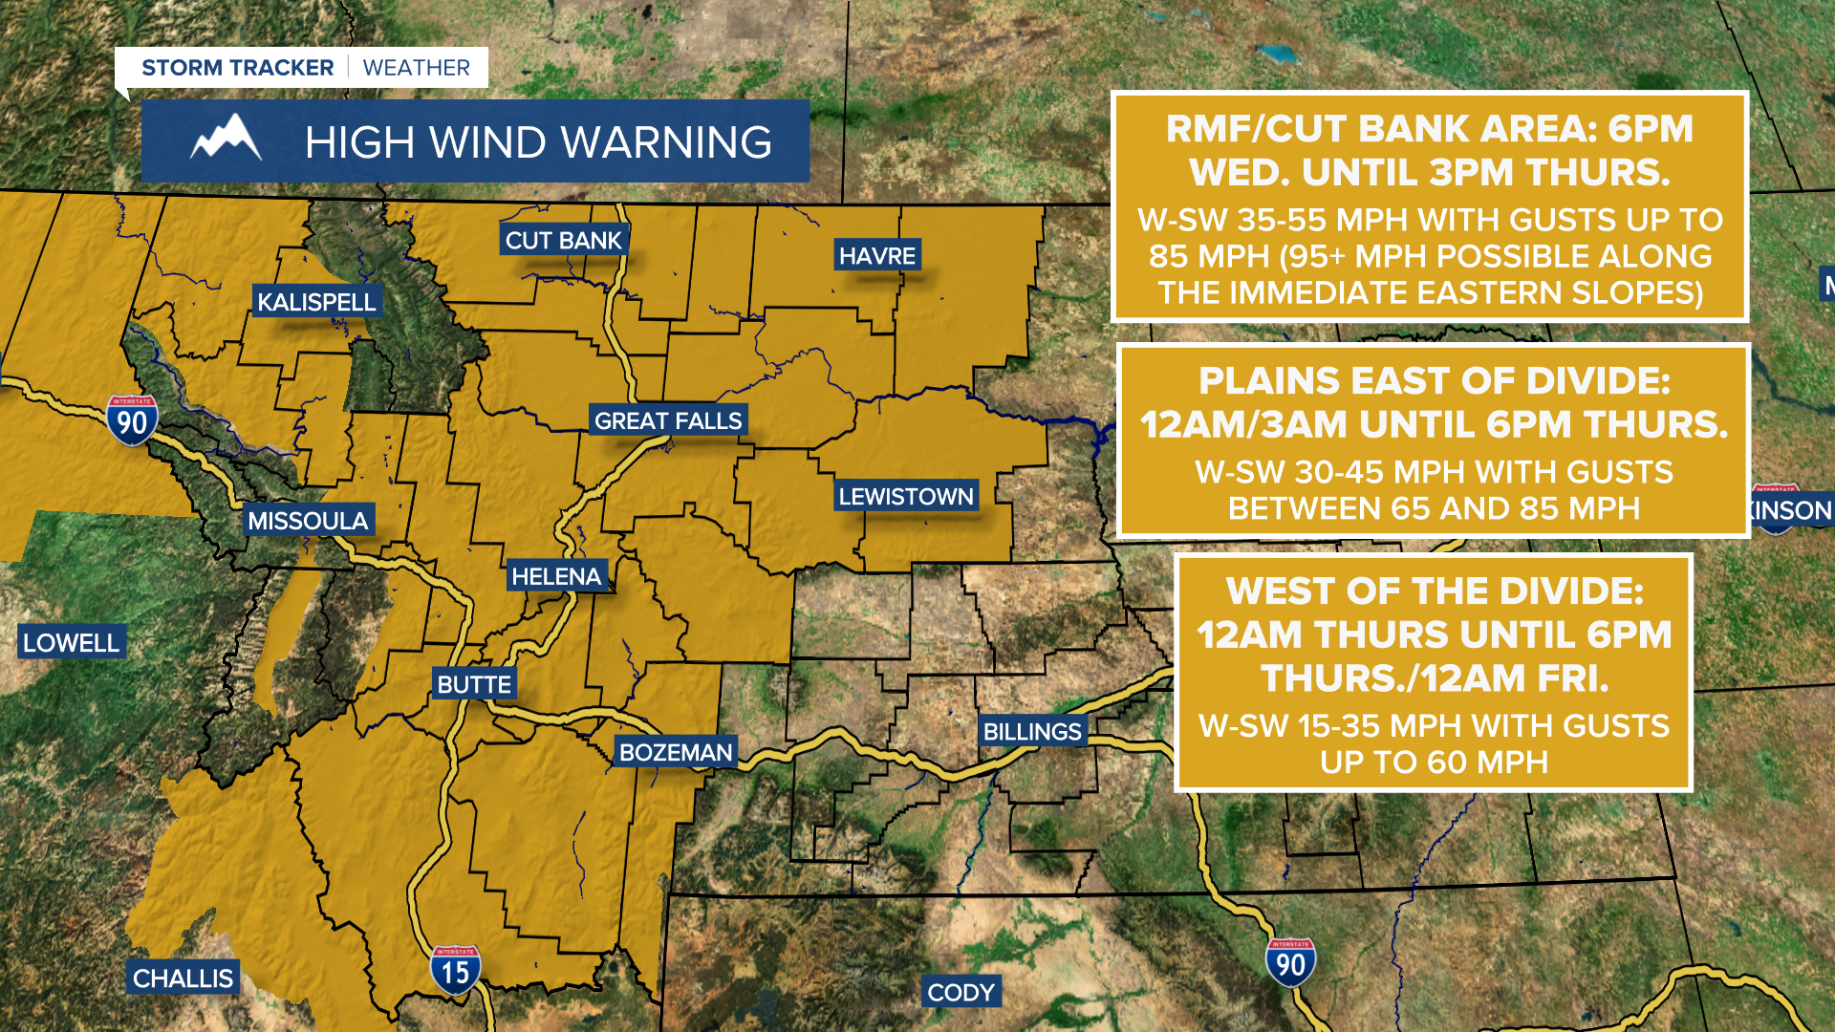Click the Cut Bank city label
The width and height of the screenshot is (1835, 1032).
[x=563, y=241]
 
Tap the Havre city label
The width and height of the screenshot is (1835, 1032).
[x=876, y=256]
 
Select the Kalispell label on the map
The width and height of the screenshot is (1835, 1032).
[x=316, y=302]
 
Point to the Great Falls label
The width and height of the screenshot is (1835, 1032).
[x=667, y=420]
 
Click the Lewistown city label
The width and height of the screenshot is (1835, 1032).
[x=905, y=496]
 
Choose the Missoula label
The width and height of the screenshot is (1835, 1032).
[x=308, y=521]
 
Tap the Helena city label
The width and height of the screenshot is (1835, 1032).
[x=556, y=576]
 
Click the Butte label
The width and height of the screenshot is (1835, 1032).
[x=474, y=684]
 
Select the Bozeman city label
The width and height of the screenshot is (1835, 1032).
[x=676, y=752]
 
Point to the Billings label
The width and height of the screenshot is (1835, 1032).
[x=1032, y=732]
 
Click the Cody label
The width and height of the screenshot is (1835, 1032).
[x=961, y=993]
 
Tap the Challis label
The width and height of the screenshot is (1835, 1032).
[x=183, y=978]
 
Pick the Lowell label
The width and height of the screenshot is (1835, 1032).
[x=71, y=643]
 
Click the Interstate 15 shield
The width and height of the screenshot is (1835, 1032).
[x=455, y=970]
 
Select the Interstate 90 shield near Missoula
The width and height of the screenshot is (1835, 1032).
[x=132, y=420]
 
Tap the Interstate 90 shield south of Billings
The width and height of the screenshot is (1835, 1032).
[x=1290, y=962]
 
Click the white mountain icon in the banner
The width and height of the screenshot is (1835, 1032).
[x=227, y=140]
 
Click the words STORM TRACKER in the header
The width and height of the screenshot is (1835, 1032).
[x=237, y=68]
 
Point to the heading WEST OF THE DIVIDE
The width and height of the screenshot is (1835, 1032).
[x=1434, y=591]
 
